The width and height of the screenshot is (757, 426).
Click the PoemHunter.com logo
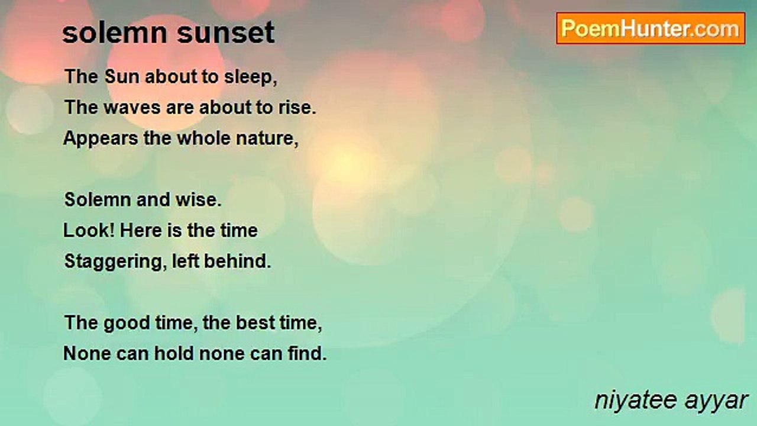click(x=651, y=28)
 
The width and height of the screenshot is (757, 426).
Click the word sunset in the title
click(x=226, y=33)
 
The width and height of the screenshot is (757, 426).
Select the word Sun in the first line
click(x=122, y=76)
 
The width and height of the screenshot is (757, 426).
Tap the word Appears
click(x=101, y=139)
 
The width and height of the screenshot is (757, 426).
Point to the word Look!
click(x=89, y=230)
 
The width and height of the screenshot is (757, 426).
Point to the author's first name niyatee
click(x=636, y=401)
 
